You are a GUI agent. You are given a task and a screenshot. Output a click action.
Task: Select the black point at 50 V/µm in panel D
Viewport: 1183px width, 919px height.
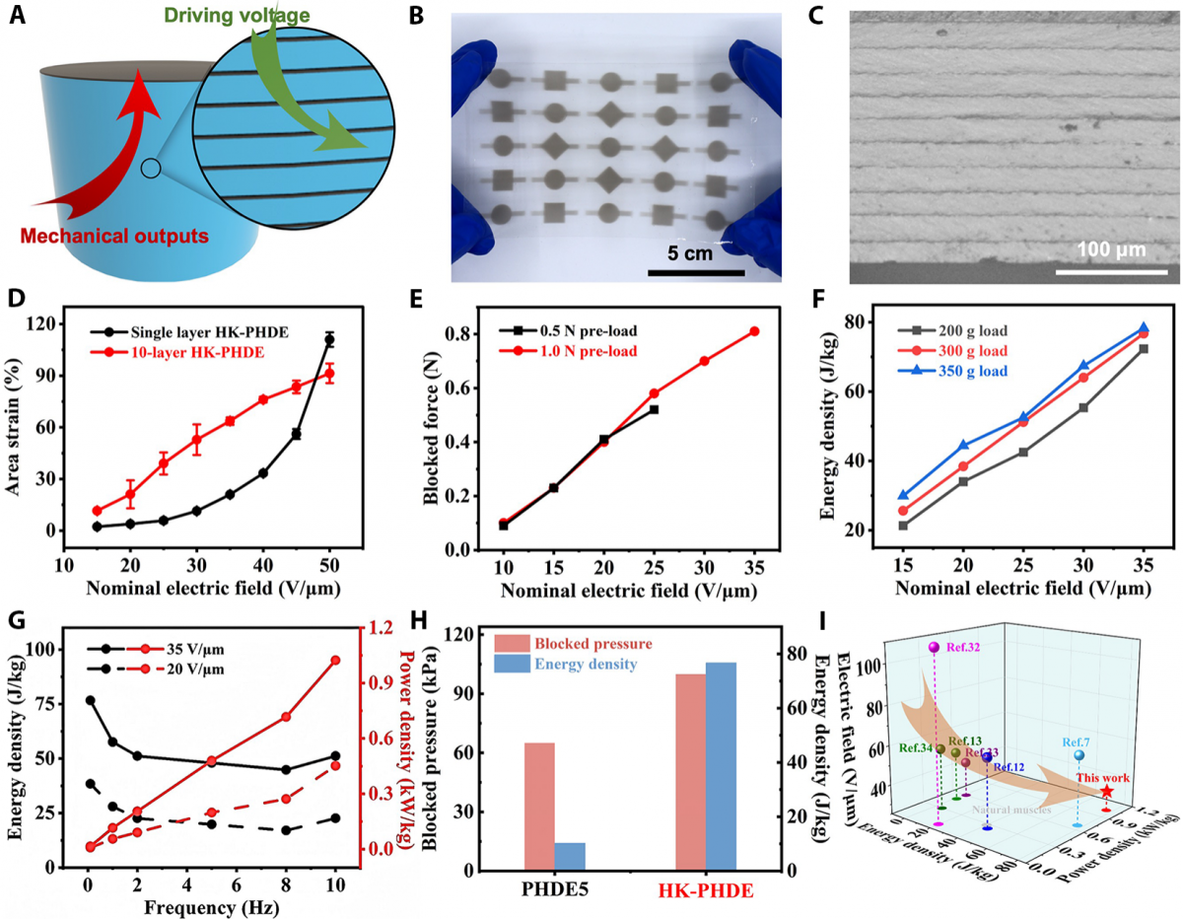pos(329,340)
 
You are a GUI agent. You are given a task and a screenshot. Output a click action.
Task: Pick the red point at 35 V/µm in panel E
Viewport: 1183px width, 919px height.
pos(754,331)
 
